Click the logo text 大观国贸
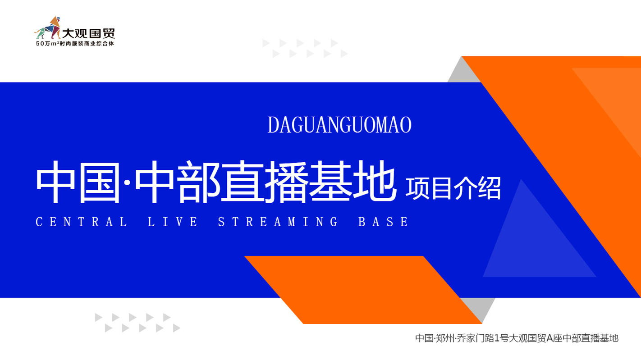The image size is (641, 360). [x=89, y=33]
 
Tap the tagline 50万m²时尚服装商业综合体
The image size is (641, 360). [x=75, y=44]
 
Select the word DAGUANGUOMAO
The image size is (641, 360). [x=339, y=125]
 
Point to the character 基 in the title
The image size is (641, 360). [x=330, y=181]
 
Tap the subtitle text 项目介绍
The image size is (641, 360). [x=453, y=188]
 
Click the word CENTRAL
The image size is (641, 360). [x=82, y=222]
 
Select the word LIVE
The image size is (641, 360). [x=173, y=222]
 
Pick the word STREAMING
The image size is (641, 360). [x=278, y=222]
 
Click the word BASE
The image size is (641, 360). [x=384, y=222]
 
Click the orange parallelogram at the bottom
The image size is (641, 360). [x=363, y=290]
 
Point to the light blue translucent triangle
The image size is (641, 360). [x=535, y=243]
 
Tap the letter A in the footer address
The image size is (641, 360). [x=549, y=338]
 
